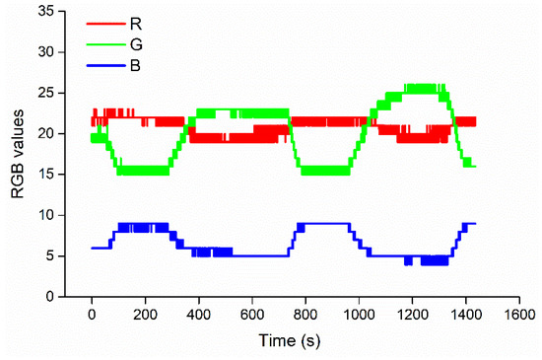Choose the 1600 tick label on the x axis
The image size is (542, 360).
(519, 315)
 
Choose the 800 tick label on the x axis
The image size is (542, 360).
(305, 315)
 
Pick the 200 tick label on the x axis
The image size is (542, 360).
(145, 315)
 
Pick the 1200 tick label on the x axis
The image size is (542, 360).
(412, 315)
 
